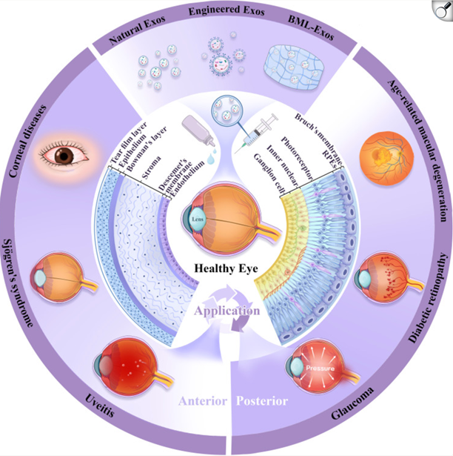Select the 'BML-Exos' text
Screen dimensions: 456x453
tap(315, 32)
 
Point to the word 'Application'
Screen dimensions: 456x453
tap(226, 291)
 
